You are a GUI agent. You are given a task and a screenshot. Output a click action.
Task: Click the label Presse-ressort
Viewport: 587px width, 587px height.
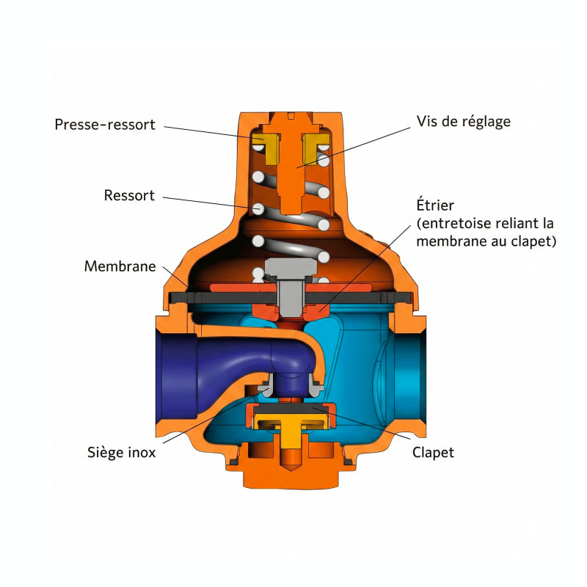tap(105, 125)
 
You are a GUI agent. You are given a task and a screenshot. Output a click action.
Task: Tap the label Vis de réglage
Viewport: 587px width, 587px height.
tap(464, 122)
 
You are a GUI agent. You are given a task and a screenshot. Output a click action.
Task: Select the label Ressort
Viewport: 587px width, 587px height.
tap(129, 195)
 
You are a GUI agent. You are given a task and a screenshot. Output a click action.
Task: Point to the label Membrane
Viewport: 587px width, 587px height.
tap(120, 266)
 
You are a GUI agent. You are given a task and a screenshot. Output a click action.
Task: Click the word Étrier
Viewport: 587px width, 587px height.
tap(435, 205)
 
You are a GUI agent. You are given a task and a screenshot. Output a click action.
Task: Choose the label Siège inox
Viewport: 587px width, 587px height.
tap(121, 452)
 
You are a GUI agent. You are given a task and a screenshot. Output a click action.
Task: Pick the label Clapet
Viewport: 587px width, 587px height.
tap(433, 453)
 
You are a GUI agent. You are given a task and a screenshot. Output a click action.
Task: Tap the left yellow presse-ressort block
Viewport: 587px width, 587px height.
tap(266, 149)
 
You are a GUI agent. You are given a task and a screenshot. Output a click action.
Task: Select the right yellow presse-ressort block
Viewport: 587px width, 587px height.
tap(315, 149)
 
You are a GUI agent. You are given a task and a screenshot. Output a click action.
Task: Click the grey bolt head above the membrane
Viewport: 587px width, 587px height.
tap(291, 267)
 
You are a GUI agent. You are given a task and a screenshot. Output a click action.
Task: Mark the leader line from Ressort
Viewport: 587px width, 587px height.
tap(211, 202)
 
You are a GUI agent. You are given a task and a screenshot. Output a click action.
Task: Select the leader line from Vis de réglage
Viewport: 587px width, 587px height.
tap(354, 148)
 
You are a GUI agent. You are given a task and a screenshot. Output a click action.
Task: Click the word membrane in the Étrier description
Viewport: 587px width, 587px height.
tap(450, 241)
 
